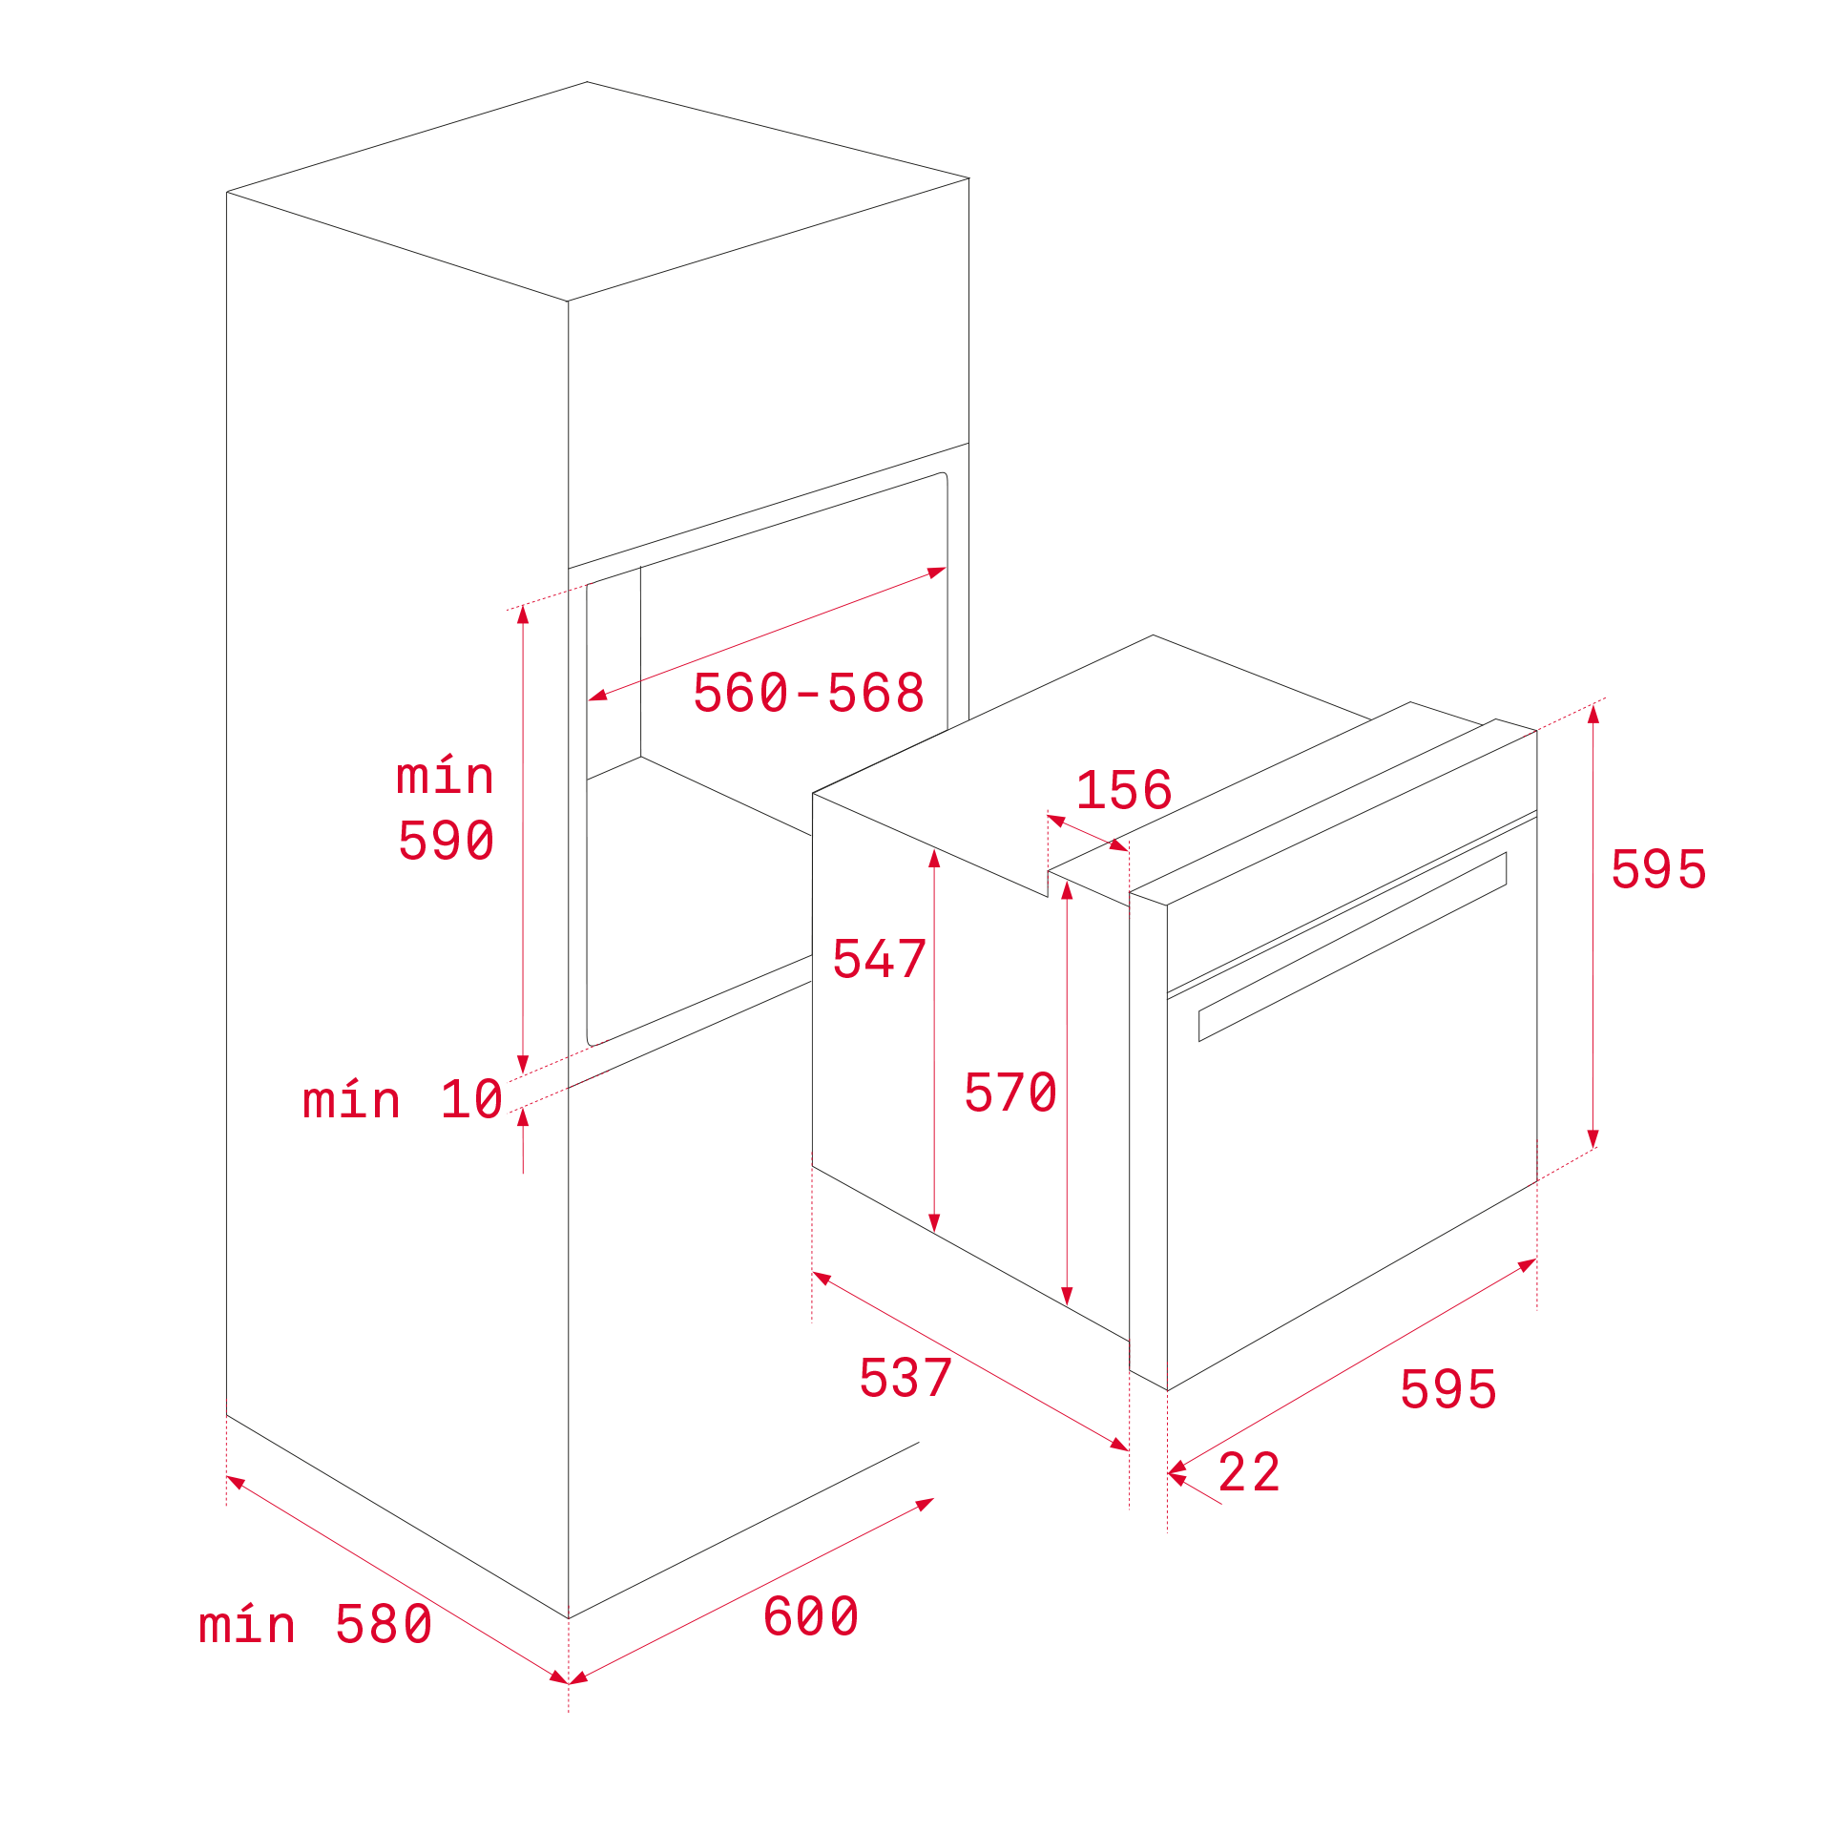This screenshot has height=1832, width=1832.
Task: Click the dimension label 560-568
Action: (x=808, y=693)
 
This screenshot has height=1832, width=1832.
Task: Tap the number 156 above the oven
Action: (x=1124, y=790)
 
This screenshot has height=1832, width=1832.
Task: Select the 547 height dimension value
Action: (x=879, y=959)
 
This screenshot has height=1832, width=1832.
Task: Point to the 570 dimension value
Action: (x=1010, y=1093)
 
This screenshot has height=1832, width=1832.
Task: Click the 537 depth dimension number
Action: (x=906, y=1378)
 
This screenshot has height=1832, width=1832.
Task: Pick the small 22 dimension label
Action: (x=1249, y=1472)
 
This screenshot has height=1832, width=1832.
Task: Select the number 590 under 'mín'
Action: (x=446, y=841)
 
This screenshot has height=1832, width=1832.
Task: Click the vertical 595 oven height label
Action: (x=1658, y=869)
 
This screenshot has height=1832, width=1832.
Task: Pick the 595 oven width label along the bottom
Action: (x=1447, y=1389)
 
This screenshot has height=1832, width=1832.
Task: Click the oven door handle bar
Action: (x=1353, y=947)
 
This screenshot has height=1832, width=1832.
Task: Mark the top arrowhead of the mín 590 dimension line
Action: (x=523, y=614)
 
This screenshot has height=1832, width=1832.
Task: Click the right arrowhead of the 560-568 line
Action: (x=937, y=572)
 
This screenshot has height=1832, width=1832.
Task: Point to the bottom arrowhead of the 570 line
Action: (x=1067, y=1297)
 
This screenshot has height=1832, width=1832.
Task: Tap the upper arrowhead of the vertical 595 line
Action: (x=1593, y=713)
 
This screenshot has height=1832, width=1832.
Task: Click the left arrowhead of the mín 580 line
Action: (x=236, y=1482)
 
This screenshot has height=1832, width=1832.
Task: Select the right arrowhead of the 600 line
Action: (x=925, y=1504)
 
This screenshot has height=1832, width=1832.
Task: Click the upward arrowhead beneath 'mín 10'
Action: (x=523, y=1116)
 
